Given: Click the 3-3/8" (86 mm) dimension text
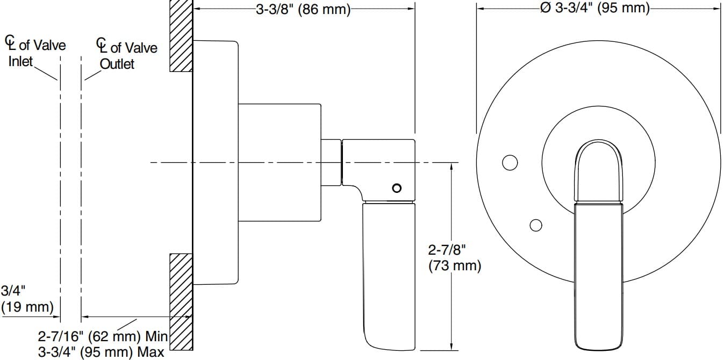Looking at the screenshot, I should tap(303, 9).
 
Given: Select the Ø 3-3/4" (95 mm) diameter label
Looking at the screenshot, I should tap(594, 8).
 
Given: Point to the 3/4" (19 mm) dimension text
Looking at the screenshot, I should tap(27, 299).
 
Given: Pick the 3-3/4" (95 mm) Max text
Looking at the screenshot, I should tap(101, 352).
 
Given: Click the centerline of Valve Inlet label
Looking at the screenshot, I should tap(35, 52).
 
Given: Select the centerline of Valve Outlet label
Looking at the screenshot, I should tap(127, 55).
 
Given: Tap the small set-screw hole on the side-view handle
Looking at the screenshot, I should tap(397, 188).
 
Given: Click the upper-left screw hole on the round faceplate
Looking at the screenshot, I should tap(510, 162).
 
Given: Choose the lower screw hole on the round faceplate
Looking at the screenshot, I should tap(536, 225).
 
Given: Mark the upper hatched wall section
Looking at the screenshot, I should tap(181, 36).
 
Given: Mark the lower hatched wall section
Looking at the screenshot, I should tap(181, 301).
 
